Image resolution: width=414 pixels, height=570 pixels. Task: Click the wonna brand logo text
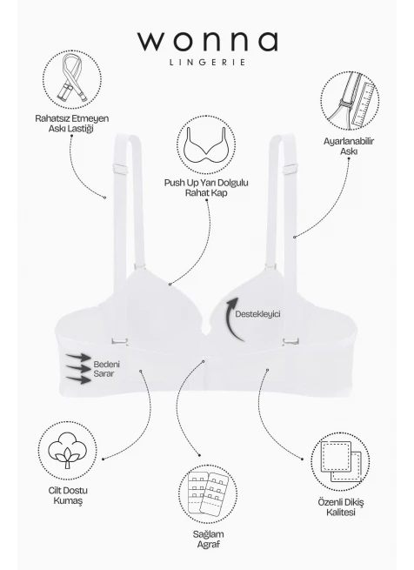(208, 42)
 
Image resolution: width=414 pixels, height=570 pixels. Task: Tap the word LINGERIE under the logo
(208, 63)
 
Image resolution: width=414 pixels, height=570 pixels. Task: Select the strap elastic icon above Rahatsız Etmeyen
(72, 79)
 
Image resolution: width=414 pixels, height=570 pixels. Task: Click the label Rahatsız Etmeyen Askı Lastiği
(71, 124)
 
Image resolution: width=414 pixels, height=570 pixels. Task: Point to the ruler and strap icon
(351, 101)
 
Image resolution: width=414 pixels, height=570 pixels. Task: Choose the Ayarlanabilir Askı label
(349, 146)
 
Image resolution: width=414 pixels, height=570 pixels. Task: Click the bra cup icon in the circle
(206, 145)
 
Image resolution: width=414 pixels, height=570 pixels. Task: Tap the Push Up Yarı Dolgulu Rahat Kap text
(206, 188)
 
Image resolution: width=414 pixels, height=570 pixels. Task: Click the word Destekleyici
(257, 314)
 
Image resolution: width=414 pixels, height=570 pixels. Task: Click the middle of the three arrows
(78, 369)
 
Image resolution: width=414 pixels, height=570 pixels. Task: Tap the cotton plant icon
(68, 450)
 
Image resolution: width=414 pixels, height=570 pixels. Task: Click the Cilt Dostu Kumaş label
(68, 495)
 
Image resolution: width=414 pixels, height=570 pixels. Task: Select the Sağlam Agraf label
(208, 539)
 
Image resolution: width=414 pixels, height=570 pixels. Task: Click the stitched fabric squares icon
(341, 461)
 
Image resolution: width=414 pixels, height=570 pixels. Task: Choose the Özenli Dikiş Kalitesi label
(341, 507)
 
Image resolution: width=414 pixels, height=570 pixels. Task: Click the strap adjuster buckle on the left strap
(122, 169)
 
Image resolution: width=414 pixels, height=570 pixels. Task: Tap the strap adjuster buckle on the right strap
(290, 169)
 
